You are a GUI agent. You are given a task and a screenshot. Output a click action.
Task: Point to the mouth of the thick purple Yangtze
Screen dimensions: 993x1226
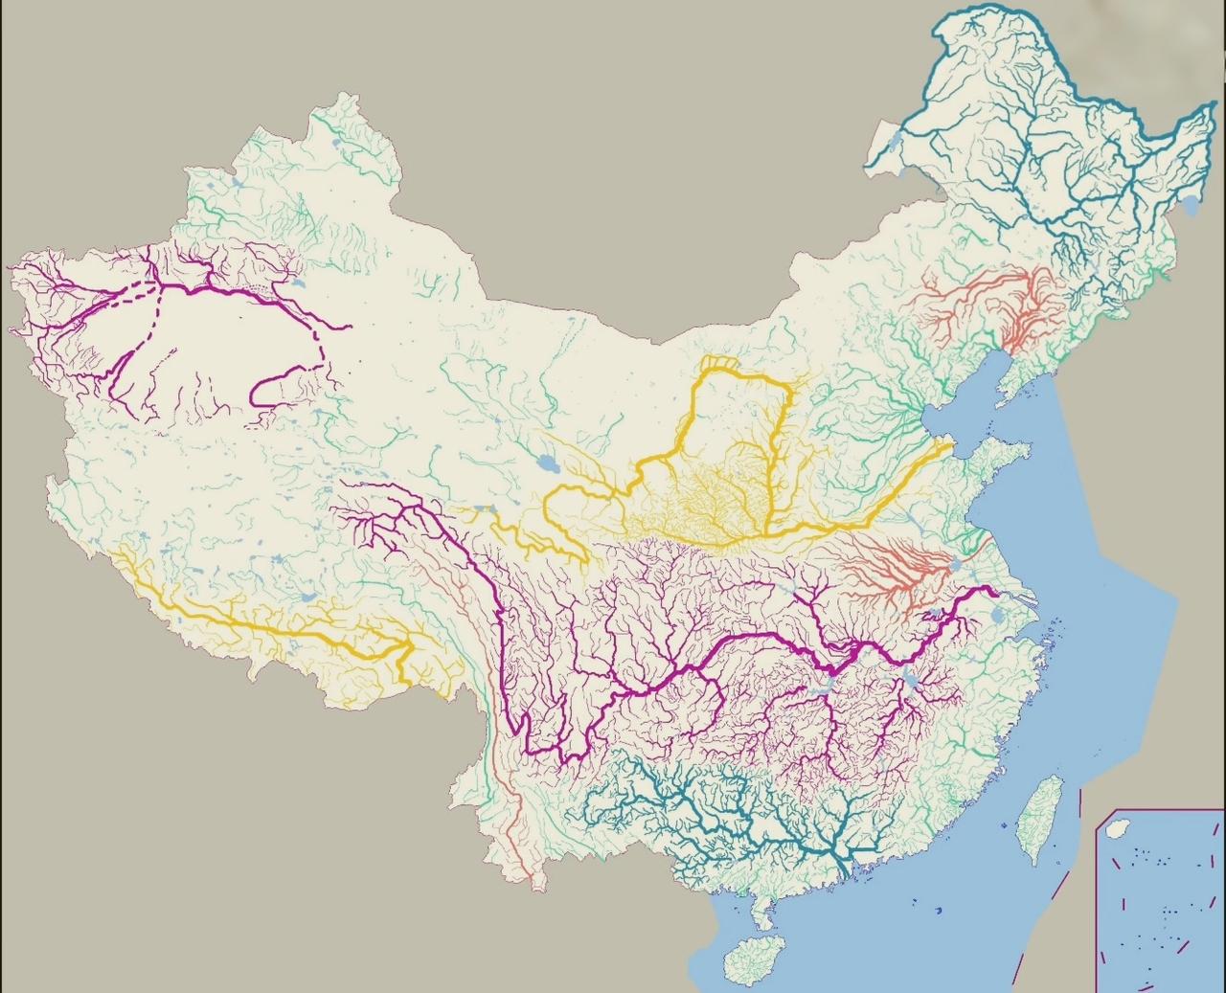tap(1001, 595)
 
